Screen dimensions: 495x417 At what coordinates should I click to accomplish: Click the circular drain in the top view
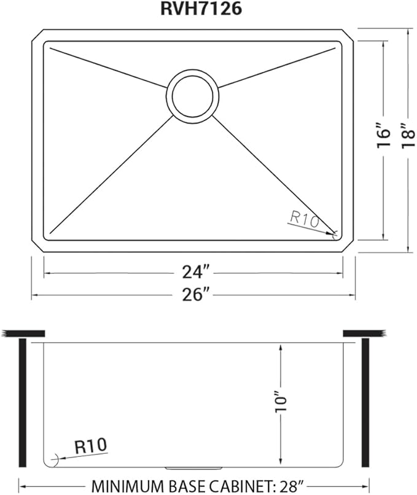192,95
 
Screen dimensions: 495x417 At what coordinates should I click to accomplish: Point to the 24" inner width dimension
193,271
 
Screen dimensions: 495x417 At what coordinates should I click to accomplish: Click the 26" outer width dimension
193,295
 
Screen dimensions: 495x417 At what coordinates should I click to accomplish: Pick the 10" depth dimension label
281,401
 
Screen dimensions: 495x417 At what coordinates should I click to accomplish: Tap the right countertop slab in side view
364,333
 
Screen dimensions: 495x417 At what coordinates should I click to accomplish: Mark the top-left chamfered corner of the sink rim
37,35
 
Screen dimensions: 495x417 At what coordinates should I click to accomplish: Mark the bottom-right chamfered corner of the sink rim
350,245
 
